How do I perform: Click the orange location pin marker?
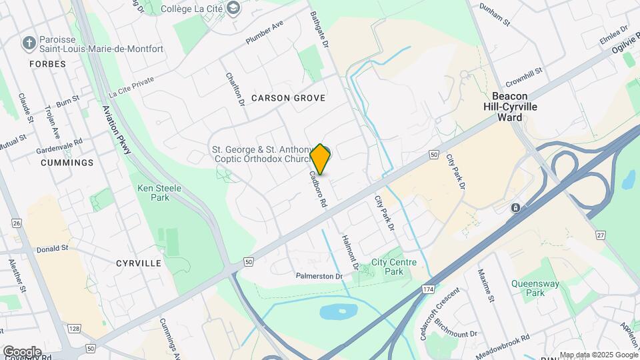click(321, 159)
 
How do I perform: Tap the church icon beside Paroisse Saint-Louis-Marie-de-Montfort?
click(29, 43)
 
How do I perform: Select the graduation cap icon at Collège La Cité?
click(233, 7)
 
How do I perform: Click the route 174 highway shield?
click(427, 289)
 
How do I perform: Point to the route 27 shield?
click(601, 235)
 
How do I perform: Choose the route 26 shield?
click(17, 223)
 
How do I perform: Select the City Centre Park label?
click(394, 267)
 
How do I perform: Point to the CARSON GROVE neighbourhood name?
click(288, 98)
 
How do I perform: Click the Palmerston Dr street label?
click(319, 276)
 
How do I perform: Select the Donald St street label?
click(52, 248)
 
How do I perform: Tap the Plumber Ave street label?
click(265, 32)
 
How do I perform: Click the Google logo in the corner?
click(22, 351)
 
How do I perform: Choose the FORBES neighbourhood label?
click(47, 64)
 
